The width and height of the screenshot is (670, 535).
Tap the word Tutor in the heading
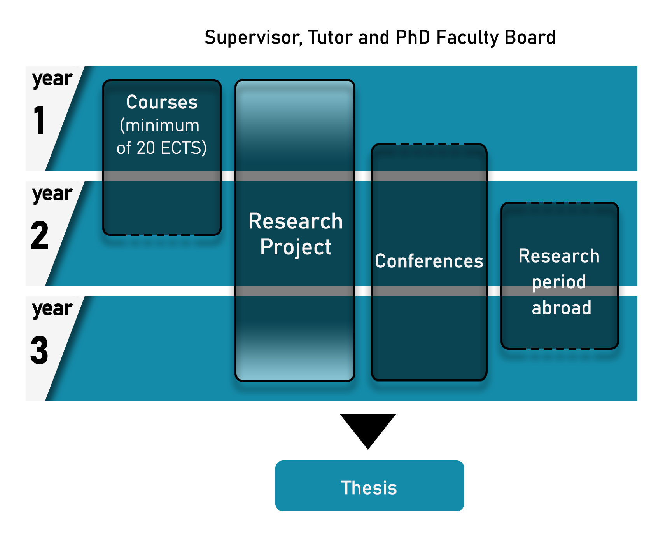[331, 37]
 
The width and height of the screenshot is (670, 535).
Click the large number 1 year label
[39, 120]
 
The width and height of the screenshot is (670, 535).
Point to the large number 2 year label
[40, 235]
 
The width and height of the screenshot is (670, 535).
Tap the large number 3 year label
[40, 350]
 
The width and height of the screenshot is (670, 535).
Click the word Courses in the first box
[162, 102]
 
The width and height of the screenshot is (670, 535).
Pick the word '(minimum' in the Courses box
[159, 125]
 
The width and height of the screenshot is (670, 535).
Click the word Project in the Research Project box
[296, 247]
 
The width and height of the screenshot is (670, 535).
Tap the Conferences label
[429, 261]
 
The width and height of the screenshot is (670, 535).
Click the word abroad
[562, 308]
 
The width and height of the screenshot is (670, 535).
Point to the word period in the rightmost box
[559, 282]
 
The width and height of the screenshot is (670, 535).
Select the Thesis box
[369, 486]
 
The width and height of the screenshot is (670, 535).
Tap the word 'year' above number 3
[52, 310]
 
